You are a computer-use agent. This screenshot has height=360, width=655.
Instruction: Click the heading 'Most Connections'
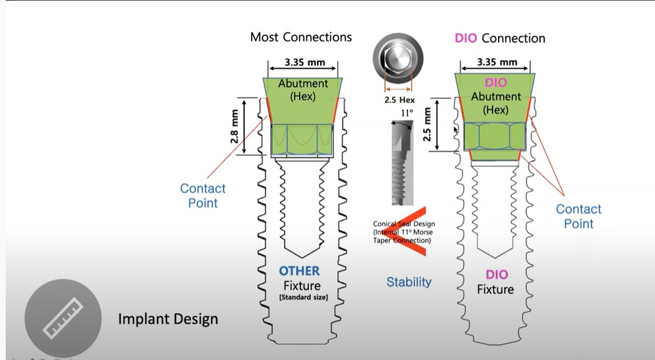pos(301,37)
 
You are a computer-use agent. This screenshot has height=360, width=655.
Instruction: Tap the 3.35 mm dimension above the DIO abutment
pos(496,62)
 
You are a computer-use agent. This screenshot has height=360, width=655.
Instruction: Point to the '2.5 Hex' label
pos(399,100)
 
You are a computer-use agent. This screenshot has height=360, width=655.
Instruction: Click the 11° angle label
pos(407,113)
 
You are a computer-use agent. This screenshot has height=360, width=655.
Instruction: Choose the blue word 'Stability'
pos(409,282)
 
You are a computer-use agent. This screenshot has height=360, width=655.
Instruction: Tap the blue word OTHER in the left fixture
pos(299,271)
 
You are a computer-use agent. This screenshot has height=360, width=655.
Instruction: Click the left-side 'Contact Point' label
pos(203,196)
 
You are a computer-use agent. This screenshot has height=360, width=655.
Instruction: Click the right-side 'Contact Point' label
pos(579,216)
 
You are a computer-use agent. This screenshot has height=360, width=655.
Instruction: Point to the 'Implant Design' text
pos(168,318)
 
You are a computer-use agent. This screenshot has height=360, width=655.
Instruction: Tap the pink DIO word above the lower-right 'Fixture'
pos(496,274)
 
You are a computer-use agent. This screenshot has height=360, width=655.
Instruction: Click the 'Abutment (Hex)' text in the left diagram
pos(303,90)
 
